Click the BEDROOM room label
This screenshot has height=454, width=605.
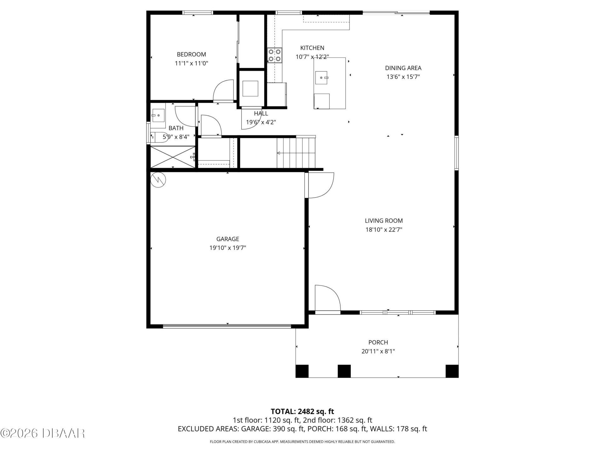[191, 54]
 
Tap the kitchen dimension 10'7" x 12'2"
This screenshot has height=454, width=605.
[312, 57]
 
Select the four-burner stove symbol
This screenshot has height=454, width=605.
[274, 55]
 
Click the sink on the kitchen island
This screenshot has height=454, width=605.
[322, 78]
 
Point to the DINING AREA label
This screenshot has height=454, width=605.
[403, 68]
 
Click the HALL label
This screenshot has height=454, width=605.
[261, 113]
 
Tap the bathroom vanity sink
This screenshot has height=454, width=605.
[158, 115]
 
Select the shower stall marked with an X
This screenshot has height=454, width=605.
[173, 157]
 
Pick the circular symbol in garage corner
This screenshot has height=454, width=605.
[158, 180]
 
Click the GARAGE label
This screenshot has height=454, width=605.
[228, 239]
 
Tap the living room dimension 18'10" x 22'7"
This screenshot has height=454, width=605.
[384, 230]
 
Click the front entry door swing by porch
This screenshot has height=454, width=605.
[327, 298]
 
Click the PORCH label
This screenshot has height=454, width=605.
[378, 342]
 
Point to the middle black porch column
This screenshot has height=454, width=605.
[344, 371]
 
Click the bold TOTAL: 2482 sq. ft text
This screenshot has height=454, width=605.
[302, 411]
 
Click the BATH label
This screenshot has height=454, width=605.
[176, 128]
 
